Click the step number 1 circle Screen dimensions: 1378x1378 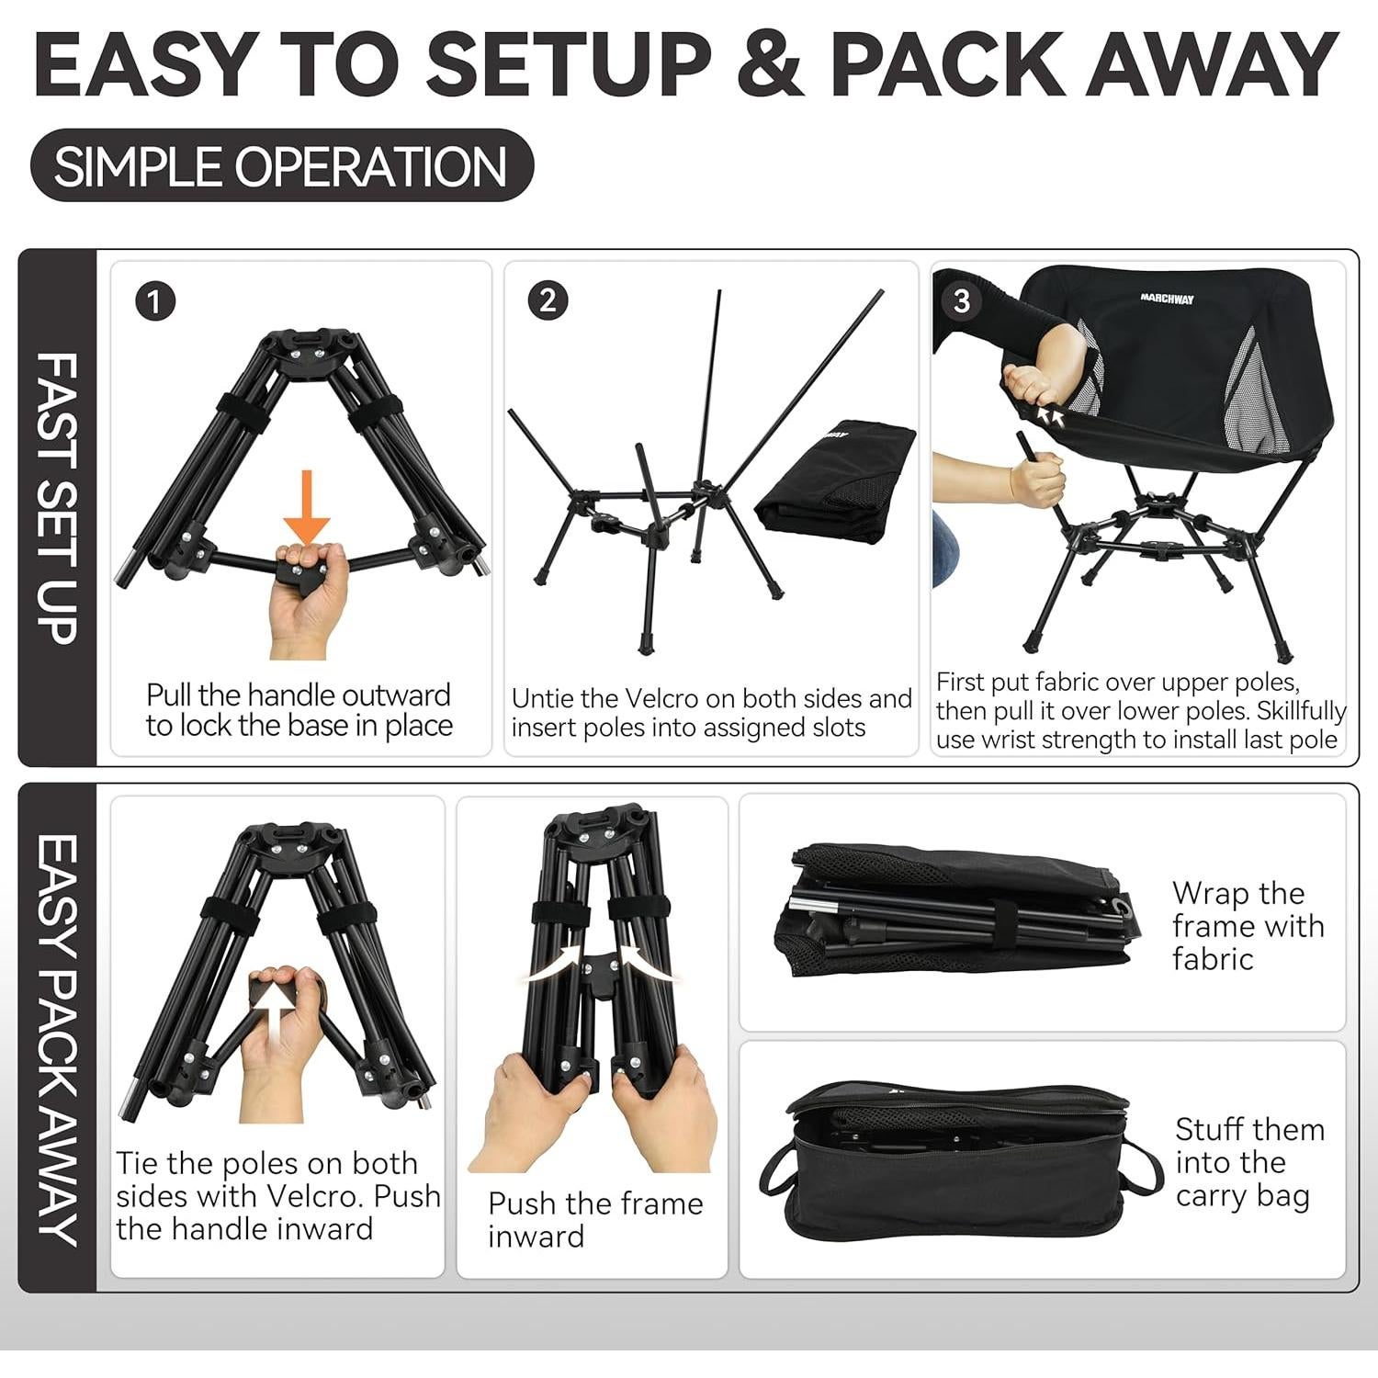(x=154, y=302)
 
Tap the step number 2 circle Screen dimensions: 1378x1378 (x=548, y=301)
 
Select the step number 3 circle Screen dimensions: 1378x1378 (x=961, y=301)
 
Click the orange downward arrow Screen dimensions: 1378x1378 (x=306, y=506)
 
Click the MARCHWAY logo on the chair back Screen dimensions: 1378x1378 (x=1167, y=299)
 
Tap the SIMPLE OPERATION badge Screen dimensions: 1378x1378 (x=281, y=166)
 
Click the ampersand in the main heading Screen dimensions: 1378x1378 (x=769, y=64)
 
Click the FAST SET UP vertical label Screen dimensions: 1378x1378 (x=57, y=501)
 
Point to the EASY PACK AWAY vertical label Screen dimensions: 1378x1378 (x=57, y=1038)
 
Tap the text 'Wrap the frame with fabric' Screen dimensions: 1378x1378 (x=1247, y=926)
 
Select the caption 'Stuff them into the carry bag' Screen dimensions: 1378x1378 (x=1248, y=1162)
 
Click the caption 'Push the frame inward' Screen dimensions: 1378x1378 (x=594, y=1219)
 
